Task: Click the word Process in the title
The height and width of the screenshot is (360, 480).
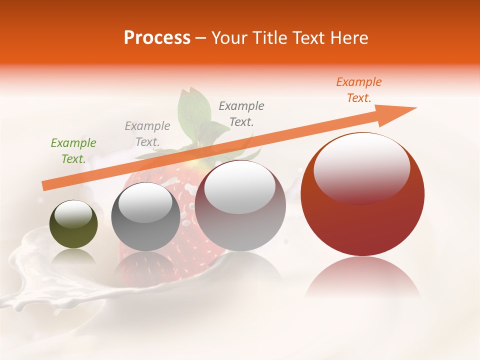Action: [x=157, y=38]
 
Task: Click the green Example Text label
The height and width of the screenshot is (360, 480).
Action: [x=73, y=150]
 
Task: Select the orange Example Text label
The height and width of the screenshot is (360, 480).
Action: [x=358, y=90]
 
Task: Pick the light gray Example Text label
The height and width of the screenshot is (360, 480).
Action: [x=147, y=134]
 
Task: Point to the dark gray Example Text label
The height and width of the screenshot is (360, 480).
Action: [x=241, y=113]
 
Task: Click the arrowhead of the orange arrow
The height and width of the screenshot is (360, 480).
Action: [x=400, y=111]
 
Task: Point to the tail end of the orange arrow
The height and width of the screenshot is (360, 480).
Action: [x=46, y=185]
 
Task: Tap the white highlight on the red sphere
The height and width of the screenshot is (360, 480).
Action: [x=361, y=167]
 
